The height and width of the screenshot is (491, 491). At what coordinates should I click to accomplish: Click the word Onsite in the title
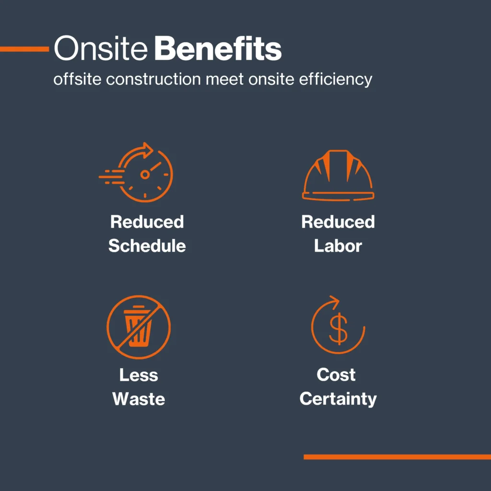pos(101,48)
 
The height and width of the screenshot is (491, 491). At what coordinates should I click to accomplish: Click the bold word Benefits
pos(218,48)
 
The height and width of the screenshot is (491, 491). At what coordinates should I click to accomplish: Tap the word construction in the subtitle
pos(153,79)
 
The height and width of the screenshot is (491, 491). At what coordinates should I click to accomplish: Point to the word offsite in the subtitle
pos(77,79)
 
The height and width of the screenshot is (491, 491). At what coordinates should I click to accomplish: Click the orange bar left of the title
pos(24,49)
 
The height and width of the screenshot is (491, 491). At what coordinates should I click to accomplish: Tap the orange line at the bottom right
pos(397,457)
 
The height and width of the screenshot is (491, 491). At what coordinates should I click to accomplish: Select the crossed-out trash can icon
pos(139,327)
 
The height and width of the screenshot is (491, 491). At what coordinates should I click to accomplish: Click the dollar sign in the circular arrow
pos(338,329)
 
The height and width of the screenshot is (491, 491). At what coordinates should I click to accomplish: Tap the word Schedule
pos(147,246)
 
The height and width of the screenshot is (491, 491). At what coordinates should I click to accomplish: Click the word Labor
pos(338,246)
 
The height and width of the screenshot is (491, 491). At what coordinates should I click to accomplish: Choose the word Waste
pos(139,399)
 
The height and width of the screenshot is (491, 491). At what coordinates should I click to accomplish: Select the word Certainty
pos(338,399)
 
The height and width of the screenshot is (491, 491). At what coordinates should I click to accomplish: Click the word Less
pos(139,375)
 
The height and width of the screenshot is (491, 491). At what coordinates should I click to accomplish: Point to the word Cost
pos(336,374)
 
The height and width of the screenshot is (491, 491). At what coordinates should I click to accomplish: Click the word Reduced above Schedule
pos(147,222)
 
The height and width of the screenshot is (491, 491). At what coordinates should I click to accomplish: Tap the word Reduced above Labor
pos(338,222)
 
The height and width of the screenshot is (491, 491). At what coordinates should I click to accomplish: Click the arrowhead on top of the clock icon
pos(147,149)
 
